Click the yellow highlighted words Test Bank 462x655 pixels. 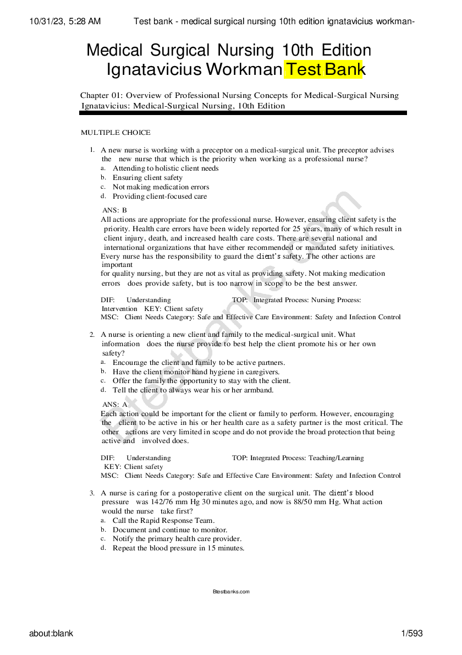pyautogui.click(x=324, y=70)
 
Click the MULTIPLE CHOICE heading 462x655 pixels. pyautogui.click(x=116, y=133)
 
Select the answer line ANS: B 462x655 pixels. pyautogui.click(x=114, y=210)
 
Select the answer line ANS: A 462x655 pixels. pyautogui.click(x=114, y=405)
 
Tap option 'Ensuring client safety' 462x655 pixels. pyautogui.click(x=147, y=178)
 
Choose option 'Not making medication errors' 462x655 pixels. pyautogui.click(x=161, y=187)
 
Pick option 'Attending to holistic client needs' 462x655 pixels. pyautogui.click(x=166, y=168)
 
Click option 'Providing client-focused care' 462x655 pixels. pyautogui.click(x=159, y=197)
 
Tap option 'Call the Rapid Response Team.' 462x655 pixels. pyautogui.click(x=163, y=521)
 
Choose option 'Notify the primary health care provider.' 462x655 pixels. pyautogui.click(x=177, y=539)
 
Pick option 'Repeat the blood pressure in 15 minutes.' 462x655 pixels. pyautogui.click(x=178, y=548)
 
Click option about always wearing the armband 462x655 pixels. pyautogui.click(x=193, y=390)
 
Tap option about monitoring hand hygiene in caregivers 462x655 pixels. pyautogui.click(x=196, y=372)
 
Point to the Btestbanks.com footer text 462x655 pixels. pyautogui.click(x=231, y=592)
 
